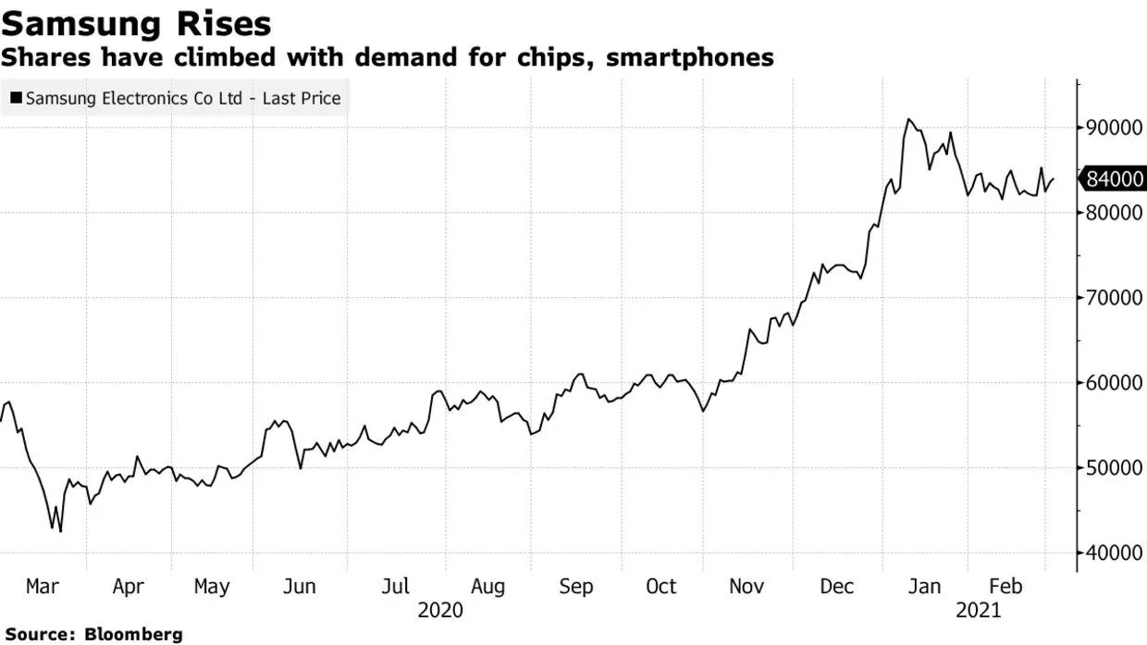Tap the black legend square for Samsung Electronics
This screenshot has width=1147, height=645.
(16, 98)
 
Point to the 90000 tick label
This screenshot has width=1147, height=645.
(1114, 128)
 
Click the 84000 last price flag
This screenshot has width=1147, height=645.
(1114, 179)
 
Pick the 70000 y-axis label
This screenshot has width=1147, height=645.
(1114, 298)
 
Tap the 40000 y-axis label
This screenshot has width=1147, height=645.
(1114, 553)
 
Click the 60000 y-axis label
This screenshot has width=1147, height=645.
(1114, 383)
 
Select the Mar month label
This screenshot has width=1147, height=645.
(43, 587)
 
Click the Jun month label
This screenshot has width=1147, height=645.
(298, 587)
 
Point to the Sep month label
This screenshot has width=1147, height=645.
(576, 587)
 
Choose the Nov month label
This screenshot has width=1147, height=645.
(746, 587)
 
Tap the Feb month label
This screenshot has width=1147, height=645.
(1005, 587)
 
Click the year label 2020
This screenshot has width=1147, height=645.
(440, 611)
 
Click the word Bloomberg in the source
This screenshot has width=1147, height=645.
(133, 635)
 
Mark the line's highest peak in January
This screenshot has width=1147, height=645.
(908, 119)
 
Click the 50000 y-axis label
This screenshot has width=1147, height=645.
(1114, 468)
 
